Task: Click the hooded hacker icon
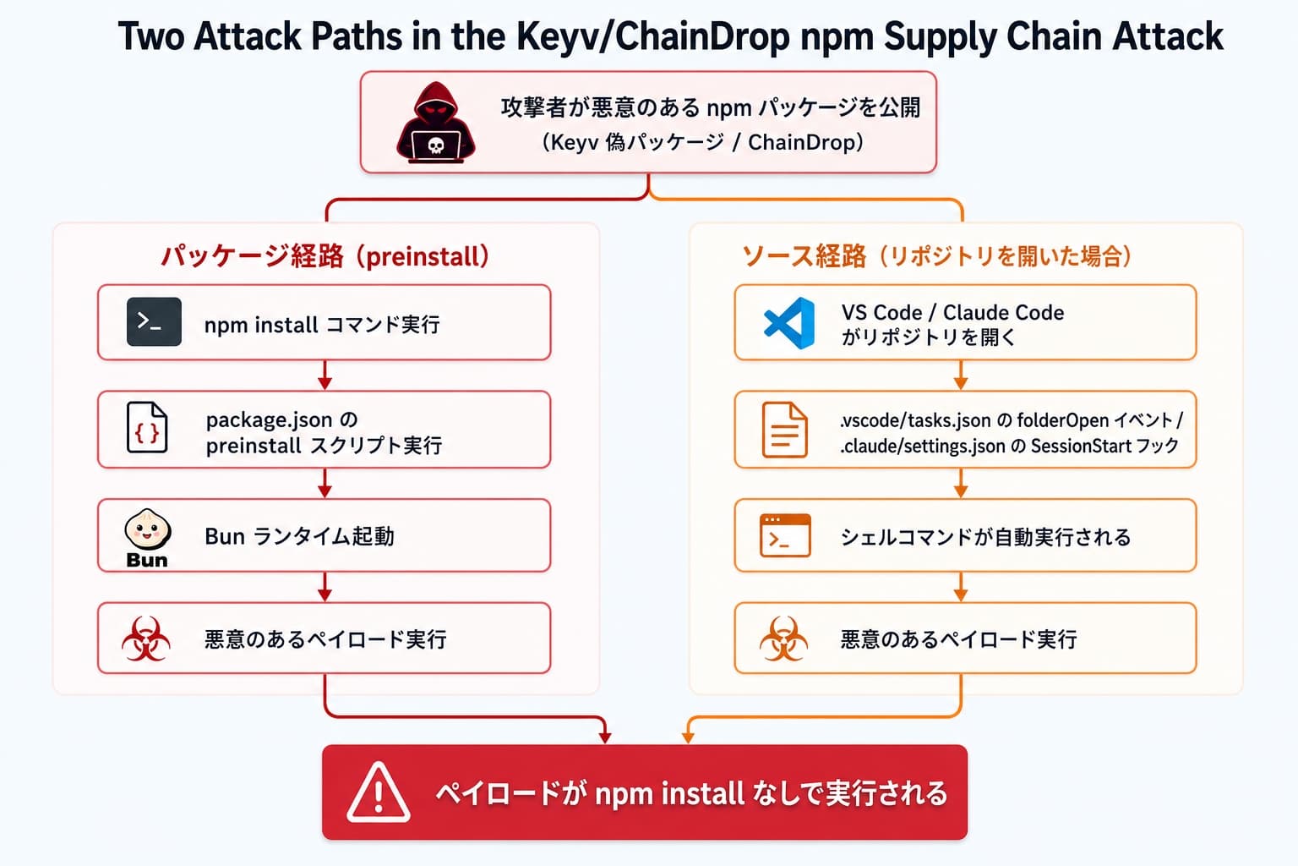pyautogui.click(x=436, y=123)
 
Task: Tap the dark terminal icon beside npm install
pyautogui.click(x=154, y=322)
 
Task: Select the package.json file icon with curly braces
pyautogui.click(x=147, y=427)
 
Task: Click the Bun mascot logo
pyautogui.click(x=147, y=538)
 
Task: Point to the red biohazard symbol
pyautogui.click(x=146, y=639)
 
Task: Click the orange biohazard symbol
pyautogui.click(x=783, y=639)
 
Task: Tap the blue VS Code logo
pyautogui.click(x=789, y=323)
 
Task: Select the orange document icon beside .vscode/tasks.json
pyautogui.click(x=784, y=430)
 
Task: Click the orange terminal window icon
pyautogui.click(x=785, y=535)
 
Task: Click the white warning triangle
pyautogui.click(x=379, y=792)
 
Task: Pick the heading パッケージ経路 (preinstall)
pyautogui.click(x=325, y=256)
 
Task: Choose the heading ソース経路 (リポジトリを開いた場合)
pyautogui.click(x=937, y=255)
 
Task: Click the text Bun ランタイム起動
pyautogui.click(x=300, y=536)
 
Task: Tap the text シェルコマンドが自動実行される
pyautogui.click(x=985, y=537)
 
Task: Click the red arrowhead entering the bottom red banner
pyautogui.click(x=605, y=737)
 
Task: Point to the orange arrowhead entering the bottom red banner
pyautogui.click(x=688, y=737)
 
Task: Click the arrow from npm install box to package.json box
pyautogui.click(x=324, y=375)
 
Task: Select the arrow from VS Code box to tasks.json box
pyautogui.click(x=960, y=375)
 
